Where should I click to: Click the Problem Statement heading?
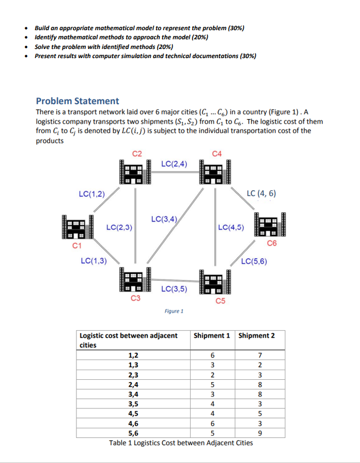77,101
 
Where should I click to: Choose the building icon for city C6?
271,226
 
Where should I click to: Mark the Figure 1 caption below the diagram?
173,311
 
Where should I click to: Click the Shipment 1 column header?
212,335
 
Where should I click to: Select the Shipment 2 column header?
256,335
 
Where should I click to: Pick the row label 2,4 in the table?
134,384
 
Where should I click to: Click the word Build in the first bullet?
43,27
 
